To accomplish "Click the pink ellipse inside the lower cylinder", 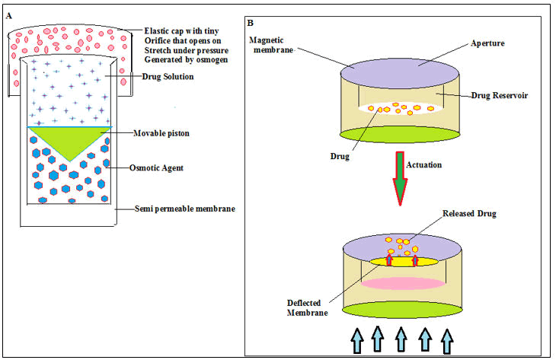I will pyautogui.click(x=402, y=284).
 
